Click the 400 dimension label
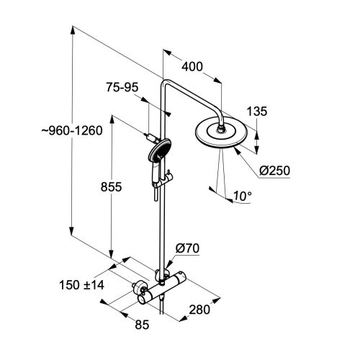192,67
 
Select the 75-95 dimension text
122,87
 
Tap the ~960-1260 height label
72,131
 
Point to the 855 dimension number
111,187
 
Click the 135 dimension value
257,112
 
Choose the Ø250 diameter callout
275,171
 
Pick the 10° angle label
243,196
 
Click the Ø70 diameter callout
187,248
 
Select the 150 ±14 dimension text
81,285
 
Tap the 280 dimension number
199,310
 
